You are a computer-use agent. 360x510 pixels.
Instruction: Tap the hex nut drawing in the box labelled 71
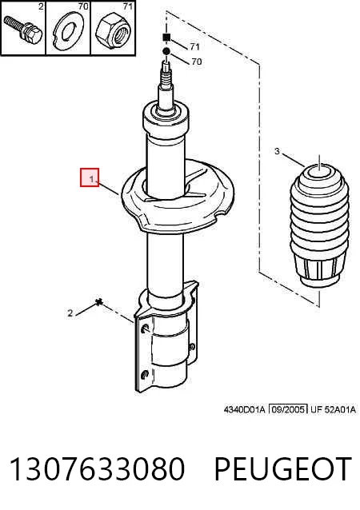tap(114, 31)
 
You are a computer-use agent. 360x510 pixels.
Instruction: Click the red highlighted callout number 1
tap(90, 177)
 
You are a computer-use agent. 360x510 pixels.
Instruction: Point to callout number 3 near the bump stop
tap(277, 151)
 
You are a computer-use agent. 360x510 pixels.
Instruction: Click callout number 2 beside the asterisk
tap(70, 313)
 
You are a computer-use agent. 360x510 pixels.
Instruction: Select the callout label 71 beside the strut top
tap(194, 47)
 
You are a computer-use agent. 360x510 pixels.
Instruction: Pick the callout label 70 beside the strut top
tap(197, 61)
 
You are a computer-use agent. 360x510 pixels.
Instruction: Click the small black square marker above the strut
tap(166, 38)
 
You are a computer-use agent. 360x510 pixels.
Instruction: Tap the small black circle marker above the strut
tap(166, 51)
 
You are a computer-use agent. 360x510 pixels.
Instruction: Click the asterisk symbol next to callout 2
tap(99, 302)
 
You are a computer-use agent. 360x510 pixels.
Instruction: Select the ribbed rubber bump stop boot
tap(320, 225)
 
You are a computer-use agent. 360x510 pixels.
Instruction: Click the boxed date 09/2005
tap(288, 409)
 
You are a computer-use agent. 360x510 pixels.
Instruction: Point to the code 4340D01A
tap(245, 409)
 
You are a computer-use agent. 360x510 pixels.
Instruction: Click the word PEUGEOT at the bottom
tap(283, 468)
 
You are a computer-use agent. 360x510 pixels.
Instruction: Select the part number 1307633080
tap(97, 468)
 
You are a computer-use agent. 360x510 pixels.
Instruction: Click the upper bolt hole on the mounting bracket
tap(145, 329)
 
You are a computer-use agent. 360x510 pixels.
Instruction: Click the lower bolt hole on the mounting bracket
tap(145, 374)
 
